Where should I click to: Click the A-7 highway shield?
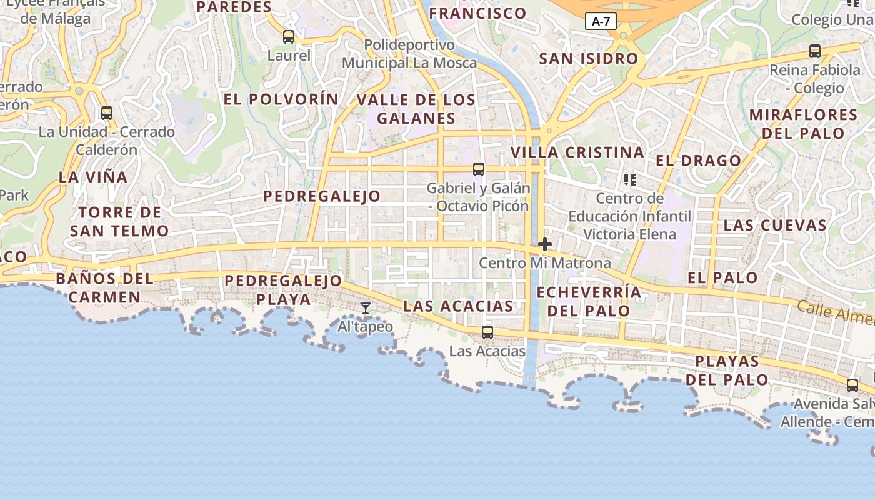pos(601,22)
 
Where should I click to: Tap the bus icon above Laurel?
pos(288,37)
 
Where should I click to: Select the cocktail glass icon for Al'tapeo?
pos(366,307)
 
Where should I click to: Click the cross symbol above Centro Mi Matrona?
pos(545,244)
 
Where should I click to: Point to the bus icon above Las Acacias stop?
pos(487,332)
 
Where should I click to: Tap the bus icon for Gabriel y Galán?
pos(479,169)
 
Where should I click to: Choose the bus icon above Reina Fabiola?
pos(815,51)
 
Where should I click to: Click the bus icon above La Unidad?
pos(107,113)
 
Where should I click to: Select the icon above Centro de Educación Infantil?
pos(629,180)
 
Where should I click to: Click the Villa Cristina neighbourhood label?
pos(577,152)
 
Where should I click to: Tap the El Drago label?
pos(698,161)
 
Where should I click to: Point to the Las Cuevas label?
pos(775,225)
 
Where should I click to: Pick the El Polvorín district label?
pos(281,99)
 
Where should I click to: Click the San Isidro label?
pos(589,59)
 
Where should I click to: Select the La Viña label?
pos(93,177)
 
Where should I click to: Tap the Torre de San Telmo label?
pos(119,222)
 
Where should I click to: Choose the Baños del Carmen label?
pos(104,287)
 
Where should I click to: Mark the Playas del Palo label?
pos(727,371)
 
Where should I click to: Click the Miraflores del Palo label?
pos(803,124)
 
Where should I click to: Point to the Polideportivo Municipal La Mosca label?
pos(409,54)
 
